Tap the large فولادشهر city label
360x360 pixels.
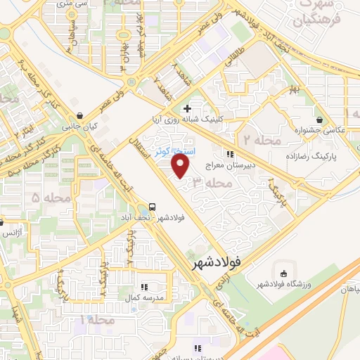tap(225, 264)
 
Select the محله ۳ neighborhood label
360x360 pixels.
tap(212, 183)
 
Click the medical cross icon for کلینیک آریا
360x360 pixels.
tap(187, 108)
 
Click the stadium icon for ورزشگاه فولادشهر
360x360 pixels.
tap(284, 273)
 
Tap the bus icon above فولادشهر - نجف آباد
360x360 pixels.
tap(152, 207)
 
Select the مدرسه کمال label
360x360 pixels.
tap(144, 298)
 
